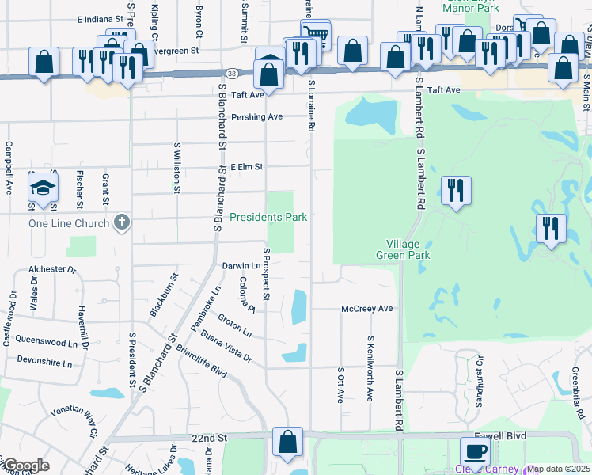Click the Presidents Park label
point(268,217)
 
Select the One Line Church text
point(69,223)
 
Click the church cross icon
point(121,222)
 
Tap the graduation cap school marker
point(43,190)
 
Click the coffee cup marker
point(475,452)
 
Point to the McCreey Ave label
point(367,309)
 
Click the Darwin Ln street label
point(236,266)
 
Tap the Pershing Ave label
point(257,116)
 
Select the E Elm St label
point(246,167)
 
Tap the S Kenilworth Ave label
point(369,368)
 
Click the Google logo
point(26,465)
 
